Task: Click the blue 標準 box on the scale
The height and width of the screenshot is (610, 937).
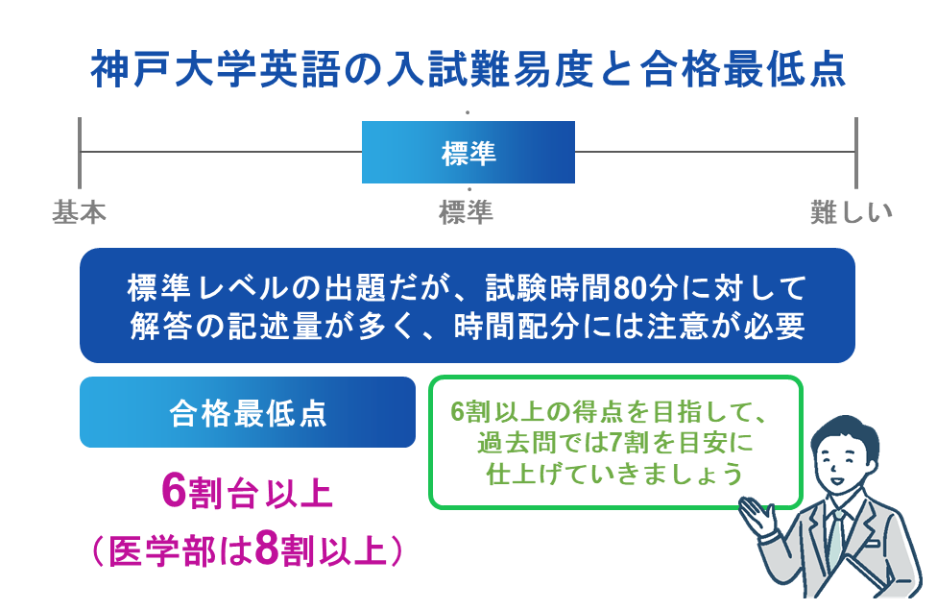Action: coord(468,152)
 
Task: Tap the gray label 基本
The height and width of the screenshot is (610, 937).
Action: coord(79,212)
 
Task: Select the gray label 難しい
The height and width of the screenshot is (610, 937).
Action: coord(851,212)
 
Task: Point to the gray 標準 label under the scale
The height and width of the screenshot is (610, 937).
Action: coord(466,212)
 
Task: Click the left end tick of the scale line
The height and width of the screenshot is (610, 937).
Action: coord(80,152)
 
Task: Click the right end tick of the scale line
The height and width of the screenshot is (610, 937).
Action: coord(855,152)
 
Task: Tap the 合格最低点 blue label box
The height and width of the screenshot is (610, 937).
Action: coord(247,412)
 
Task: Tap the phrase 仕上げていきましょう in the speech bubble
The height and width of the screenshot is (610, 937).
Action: coord(615,474)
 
